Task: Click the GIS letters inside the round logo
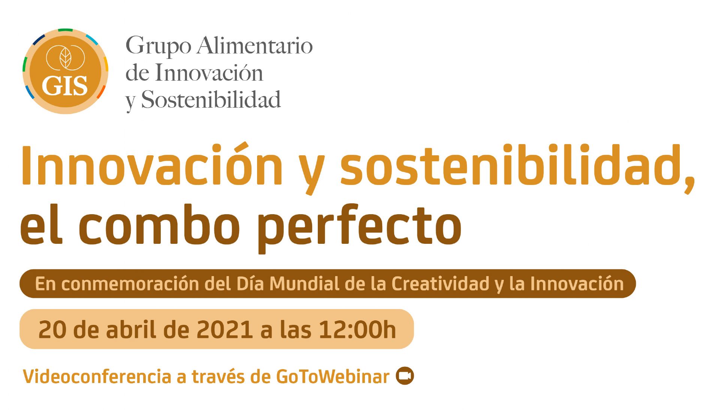click(x=65, y=86)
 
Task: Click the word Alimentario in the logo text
click(x=255, y=46)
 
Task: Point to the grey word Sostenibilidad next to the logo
click(x=211, y=100)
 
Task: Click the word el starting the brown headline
click(x=41, y=224)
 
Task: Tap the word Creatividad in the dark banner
click(x=441, y=284)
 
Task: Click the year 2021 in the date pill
click(x=225, y=330)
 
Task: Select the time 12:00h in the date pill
click(x=357, y=330)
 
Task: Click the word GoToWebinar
click(x=333, y=376)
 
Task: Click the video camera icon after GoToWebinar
click(x=405, y=376)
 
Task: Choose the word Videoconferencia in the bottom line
click(x=97, y=376)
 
